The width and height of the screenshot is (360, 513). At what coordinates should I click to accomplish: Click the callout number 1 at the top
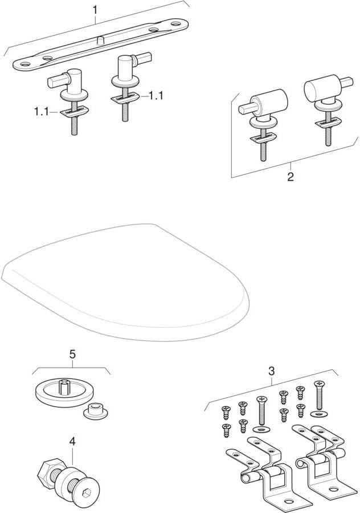click(x=95, y=10)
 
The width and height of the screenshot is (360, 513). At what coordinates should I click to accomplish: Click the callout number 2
click(x=291, y=177)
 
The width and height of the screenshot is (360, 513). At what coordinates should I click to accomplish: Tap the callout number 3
click(x=271, y=371)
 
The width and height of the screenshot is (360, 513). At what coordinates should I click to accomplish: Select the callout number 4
click(x=72, y=442)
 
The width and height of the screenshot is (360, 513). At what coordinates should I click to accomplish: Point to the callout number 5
click(x=72, y=353)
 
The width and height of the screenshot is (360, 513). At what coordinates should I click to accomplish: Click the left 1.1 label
click(x=41, y=112)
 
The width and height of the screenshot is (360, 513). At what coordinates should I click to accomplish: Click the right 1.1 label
click(x=156, y=96)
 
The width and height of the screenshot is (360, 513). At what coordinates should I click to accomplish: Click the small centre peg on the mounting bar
click(x=101, y=40)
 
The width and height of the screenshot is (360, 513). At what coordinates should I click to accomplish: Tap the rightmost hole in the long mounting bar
click(x=175, y=24)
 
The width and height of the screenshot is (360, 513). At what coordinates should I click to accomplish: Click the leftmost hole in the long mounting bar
click(x=26, y=64)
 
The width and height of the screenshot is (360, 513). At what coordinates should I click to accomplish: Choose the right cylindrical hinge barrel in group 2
click(x=322, y=87)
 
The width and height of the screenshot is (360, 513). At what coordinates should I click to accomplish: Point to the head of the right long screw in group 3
click(x=320, y=384)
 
